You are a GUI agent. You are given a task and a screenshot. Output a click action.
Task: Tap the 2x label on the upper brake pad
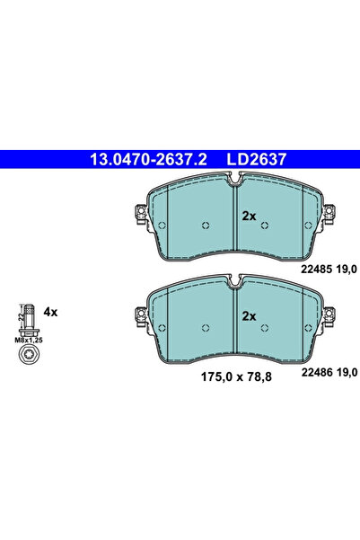pos(249,216)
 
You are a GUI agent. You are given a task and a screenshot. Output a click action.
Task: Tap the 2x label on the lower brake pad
pos(249,315)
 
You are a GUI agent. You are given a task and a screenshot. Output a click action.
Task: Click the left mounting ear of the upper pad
pos(139,215)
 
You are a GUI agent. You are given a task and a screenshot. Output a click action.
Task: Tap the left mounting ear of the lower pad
pos(139,314)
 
